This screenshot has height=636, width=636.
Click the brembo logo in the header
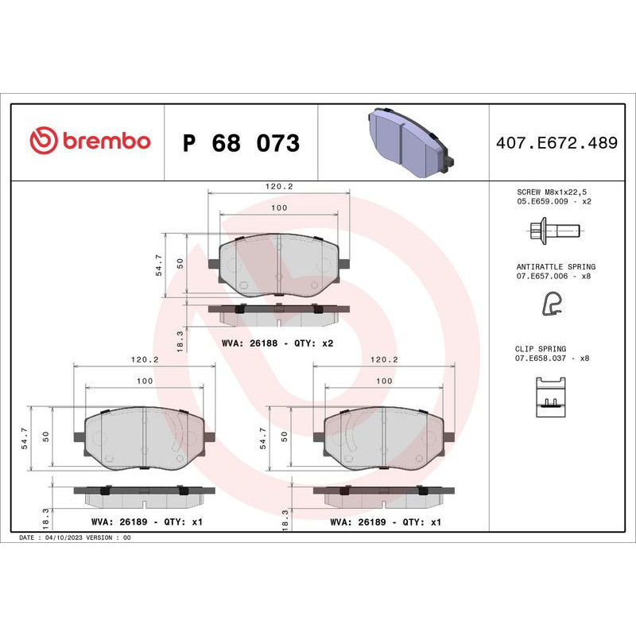tap(90, 142)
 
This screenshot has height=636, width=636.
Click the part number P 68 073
tap(241, 144)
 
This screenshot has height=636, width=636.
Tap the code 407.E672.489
tap(556, 143)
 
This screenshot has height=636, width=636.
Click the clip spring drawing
tap(551, 394)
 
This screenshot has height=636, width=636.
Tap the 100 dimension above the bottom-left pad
tap(144, 382)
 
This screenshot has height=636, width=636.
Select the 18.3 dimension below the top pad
tap(180, 339)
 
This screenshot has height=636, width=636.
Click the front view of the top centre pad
tap(278, 266)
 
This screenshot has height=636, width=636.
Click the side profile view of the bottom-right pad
tap(385, 494)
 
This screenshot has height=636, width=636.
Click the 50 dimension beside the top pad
tap(180, 264)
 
